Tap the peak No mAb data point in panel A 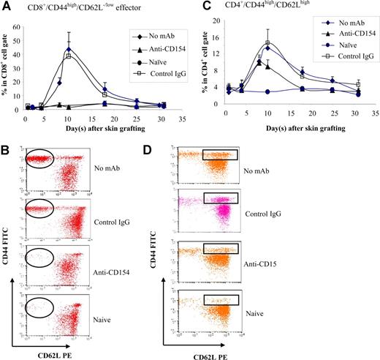[69, 50]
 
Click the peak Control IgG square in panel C [267, 43]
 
